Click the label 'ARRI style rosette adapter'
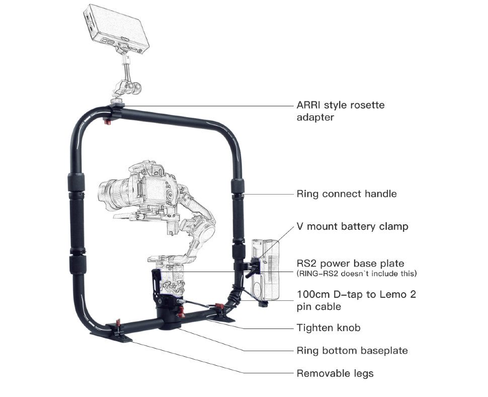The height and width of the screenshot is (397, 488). (340, 111)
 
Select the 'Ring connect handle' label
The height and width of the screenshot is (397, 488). (347, 194)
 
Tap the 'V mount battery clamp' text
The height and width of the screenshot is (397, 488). (352, 227)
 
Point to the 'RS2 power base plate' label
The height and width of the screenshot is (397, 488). (350, 263)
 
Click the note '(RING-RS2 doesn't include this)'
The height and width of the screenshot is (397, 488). (357, 274)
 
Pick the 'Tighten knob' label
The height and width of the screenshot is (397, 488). (329, 328)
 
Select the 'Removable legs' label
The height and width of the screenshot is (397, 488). (335, 373)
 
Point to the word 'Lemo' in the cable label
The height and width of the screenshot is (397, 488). (387, 295)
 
